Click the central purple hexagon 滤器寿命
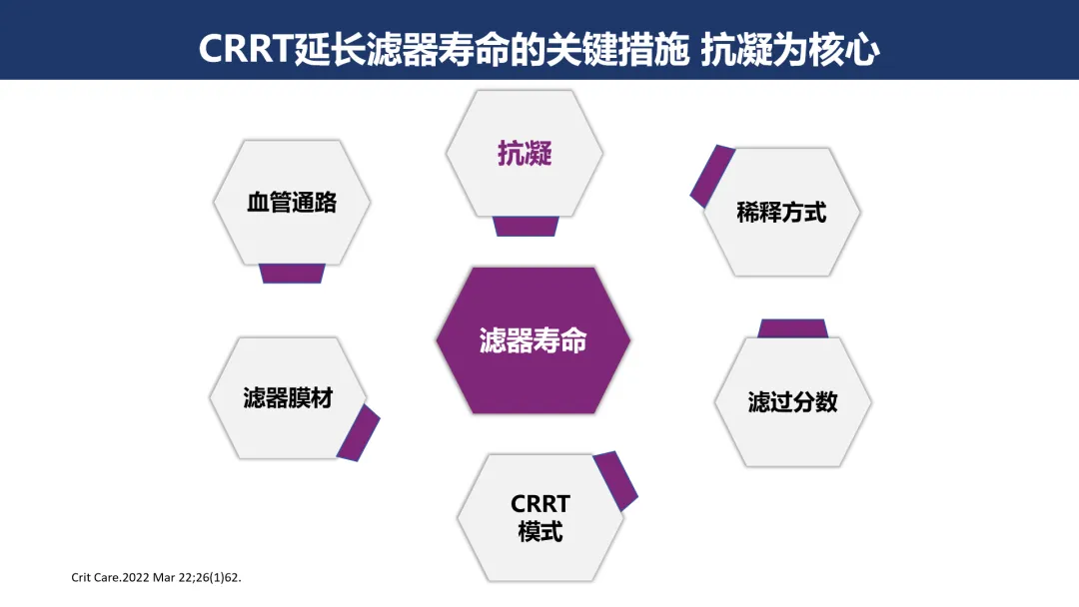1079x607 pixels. click(533, 340)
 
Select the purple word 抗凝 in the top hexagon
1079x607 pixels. click(525, 154)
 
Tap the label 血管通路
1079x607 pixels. click(292, 203)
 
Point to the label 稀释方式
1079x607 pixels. click(781, 212)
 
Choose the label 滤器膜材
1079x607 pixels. click(288, 397)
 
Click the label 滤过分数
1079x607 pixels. click(792, 401)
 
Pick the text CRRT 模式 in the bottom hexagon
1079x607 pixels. click(539, 517)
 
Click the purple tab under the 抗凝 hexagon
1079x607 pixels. click(526, 226)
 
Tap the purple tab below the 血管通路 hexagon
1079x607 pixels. click(292, 273)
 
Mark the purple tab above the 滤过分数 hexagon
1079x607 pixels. click(792, 328)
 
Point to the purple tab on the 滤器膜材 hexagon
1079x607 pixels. click(358, 432)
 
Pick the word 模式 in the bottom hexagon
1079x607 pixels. click(539, 531)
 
